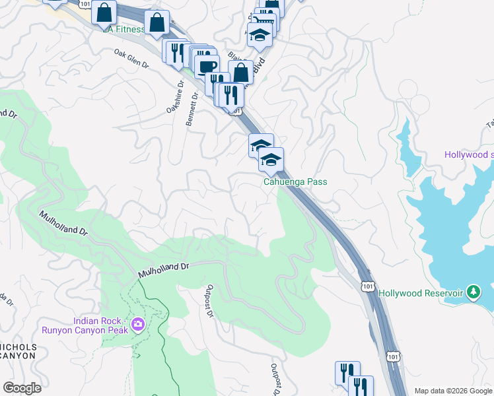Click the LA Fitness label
123,29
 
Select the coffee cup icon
206,66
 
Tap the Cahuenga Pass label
295,182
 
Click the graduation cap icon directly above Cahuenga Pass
271,159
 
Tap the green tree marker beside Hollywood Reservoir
473,291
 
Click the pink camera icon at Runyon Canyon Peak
137,323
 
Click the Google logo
22,388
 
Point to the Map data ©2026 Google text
452,391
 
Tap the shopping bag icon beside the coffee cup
240,72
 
